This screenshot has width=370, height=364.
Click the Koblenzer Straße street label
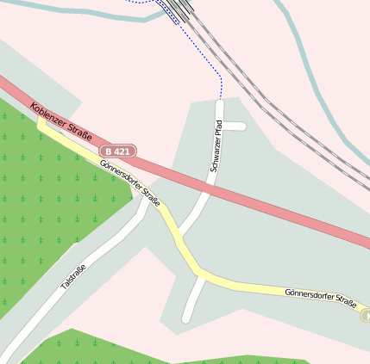(61, 122)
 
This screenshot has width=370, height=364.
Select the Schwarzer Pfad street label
(216, 145)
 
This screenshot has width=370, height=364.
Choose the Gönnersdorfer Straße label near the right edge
(320, 298)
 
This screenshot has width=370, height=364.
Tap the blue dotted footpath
(222, 82)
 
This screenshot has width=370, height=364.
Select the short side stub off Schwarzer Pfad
(235, 126)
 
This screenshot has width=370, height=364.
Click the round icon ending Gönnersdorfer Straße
(366, 315)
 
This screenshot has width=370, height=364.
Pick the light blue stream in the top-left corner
(52, 9)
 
